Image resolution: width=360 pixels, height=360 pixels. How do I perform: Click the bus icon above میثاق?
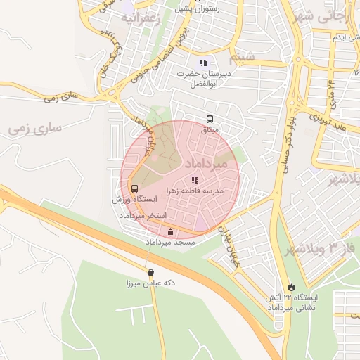(210, 120)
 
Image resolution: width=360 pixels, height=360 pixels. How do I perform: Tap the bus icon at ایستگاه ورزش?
(134, 188)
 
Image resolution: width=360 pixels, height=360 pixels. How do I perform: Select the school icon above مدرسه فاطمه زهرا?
(195, 180)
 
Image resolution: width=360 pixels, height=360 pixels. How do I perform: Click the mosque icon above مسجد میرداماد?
(169, 231)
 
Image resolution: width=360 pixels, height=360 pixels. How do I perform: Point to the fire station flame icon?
(290, 287)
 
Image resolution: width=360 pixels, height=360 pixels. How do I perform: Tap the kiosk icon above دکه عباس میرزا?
(150, 273)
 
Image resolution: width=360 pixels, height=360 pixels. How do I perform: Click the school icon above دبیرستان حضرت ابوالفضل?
(204, 63)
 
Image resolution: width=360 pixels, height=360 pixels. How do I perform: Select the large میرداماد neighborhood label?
(205, 163)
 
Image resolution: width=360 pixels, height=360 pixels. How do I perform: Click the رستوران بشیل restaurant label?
(214, 9)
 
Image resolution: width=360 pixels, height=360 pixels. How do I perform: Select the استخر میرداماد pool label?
(143, 214)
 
